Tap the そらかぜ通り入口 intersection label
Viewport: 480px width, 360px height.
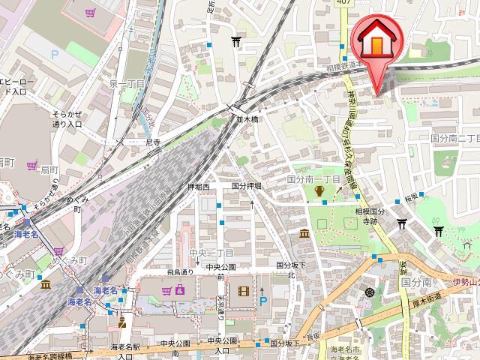pos(67,118)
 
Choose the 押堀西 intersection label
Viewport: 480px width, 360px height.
pos(199,185)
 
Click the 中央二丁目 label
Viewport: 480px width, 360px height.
pos(212,253)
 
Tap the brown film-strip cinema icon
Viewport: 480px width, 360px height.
pos(244,291)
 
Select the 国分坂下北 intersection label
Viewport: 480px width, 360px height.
pos(286,270)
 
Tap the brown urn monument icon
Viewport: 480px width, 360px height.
pos(319,192)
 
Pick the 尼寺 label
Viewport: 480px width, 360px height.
pos(153,141)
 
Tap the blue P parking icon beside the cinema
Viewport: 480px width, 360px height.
pos(262,301)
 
